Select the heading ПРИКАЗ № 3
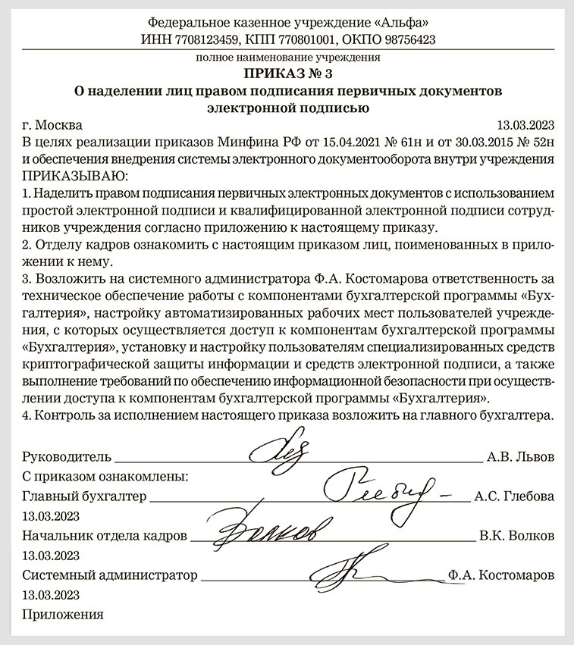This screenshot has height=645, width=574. tap(287, 74)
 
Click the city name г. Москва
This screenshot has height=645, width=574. tap(53, 125)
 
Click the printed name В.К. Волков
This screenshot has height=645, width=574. tap(516, 536)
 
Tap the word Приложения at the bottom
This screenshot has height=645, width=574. tap(63, 614)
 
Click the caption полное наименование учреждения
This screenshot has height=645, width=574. tap(287, 57)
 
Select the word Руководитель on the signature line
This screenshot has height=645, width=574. tap(67, 457)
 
